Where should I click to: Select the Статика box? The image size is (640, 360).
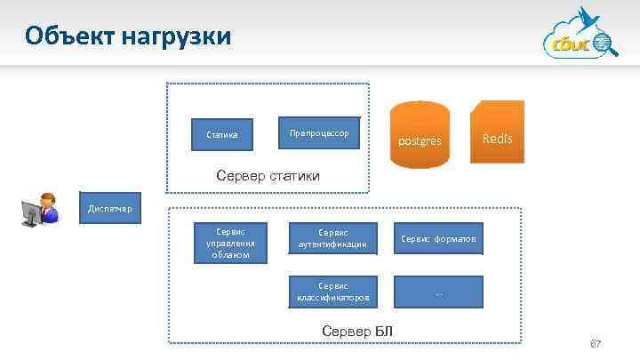[222, 135]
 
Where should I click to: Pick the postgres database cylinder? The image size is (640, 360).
[420, 133]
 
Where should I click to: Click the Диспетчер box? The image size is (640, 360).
[109, 209]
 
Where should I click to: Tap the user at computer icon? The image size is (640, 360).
[40, 210]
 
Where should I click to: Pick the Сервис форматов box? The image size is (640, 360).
[439, 238]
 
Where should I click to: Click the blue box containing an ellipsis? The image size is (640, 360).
[439, 292]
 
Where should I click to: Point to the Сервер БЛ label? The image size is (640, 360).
[356, 332]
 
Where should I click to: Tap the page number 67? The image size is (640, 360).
[596, 343]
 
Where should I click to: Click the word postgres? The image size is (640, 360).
[420, 140]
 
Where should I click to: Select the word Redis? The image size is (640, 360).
[497, 139]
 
